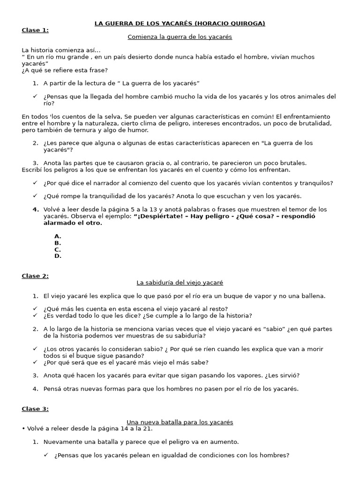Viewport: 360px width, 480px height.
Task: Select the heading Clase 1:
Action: [x=35, y=30]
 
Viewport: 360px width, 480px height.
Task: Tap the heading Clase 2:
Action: [x=35, y=276]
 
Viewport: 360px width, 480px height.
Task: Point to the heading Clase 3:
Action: [x=35, y=409]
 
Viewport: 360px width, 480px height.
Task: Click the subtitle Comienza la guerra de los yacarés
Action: [x=180, y=37]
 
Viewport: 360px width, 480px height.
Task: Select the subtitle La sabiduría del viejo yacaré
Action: [x=180, y=283]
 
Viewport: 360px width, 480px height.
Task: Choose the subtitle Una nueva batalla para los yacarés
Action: [x=180, y=422]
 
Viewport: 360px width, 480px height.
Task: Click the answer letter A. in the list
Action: [x=58, y=236]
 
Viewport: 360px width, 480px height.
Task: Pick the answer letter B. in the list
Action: [x=58, y=243]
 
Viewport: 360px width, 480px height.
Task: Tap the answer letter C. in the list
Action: [x=58, y=249]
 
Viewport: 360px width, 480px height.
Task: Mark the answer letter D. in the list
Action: [x=58, y=256]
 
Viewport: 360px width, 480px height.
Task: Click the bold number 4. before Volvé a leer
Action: [x=36, y=209]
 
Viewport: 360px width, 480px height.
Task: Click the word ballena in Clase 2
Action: [x=313, y=296]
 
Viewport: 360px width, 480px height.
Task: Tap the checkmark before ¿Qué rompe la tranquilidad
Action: [x=35, y=196]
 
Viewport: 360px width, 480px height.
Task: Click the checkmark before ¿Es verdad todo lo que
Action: [x=35, y=315]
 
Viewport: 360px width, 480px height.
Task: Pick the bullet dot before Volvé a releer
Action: [x=23, y=428]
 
